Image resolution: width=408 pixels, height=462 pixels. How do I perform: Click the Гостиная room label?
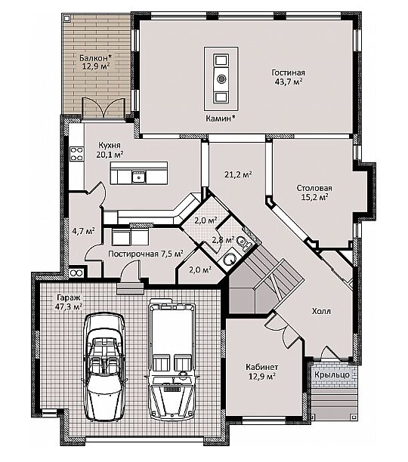pyautogui.click(x=289, y=72)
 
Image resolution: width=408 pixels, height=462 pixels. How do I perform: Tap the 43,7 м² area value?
pyautogui.click(x=289, y=82)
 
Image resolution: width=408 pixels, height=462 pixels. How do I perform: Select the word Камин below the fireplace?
pyautogui.click(x=218, y=119)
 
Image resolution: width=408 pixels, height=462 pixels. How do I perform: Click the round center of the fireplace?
pyautogui.click(x=221, y=79)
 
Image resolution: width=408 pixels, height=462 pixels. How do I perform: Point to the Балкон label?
pyautogui.click(x=94, y=57)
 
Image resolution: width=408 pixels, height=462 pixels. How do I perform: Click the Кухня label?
pyautogui.click(x=110, y=145)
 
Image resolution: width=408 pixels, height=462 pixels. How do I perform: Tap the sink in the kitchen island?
pyautogui.click(x=138, y=177)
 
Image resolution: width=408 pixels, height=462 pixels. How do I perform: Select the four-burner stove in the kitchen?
pyautogui.click(x=76, y=154)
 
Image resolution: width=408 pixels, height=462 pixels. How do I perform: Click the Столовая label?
pyautogui.click(x=314, y=188)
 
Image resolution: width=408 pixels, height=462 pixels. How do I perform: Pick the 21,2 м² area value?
pyautogui.click(x=238, y=174)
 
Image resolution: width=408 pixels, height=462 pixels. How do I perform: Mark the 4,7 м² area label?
pyautogui.click(x=83, y=230)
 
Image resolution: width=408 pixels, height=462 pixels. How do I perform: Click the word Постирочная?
pyautogui.click(x=134, y=254)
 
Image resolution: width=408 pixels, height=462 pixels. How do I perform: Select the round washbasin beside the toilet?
pyautogui.click(x=229, y=258)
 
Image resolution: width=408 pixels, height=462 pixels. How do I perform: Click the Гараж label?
pyautogui.click(x=69, y=297)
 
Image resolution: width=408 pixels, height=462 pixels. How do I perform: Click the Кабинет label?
pyautogui.click(x=261, y=367)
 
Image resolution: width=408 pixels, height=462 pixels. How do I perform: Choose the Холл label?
pyautogui.click(x=321, y=311)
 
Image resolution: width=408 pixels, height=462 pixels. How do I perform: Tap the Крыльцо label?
pyautogui.click(x=332, y=374)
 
